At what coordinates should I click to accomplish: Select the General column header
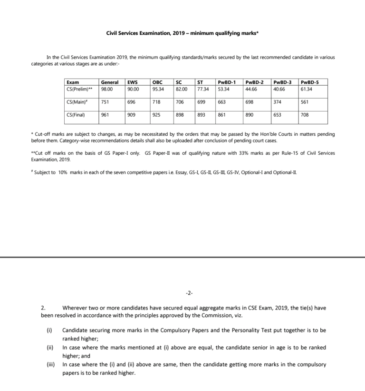tap(110, 82)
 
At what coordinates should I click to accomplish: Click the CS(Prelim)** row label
tap(79, 89)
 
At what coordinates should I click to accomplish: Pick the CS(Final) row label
tap(77, 115)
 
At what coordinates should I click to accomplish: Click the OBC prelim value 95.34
tap(158, 89)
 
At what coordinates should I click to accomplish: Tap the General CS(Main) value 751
tap(105, 102)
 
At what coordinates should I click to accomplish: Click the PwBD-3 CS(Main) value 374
tap(277, 102)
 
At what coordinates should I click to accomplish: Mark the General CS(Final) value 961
tap(105, 115)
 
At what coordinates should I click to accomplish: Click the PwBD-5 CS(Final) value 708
tap(304, 115)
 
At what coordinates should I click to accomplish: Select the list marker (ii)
tap(50, 348)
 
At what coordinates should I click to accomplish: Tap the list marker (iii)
tap(50, 365)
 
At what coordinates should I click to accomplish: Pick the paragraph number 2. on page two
tap(43, 308)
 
